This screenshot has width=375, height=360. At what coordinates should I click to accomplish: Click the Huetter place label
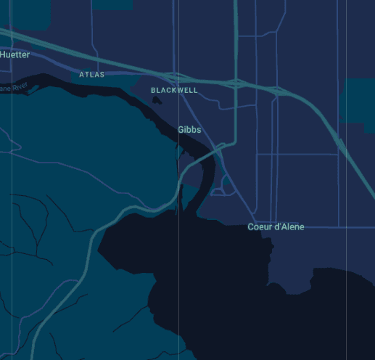(x=15, y=54)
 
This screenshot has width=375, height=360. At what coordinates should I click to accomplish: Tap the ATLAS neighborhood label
(x=92, y=75)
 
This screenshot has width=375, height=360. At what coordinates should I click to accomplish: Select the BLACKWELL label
(x=174, y=90)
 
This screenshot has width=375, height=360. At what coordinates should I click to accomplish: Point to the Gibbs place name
(x=189, y=130)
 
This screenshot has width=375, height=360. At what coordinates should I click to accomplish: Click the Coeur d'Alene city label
(x=276, y=227)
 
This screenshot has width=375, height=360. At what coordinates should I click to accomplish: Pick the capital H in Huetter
(x=4, y=54)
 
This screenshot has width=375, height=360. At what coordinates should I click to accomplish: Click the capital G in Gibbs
(x=181, y=130)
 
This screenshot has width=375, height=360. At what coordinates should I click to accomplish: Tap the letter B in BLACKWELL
(x=154, y=90)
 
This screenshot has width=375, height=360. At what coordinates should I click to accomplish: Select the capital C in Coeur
(x=251, y=227)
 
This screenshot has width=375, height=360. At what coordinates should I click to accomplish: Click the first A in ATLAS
(x=82, y=75)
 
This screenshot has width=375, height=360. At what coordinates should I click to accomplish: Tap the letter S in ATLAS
(x=102, y=75)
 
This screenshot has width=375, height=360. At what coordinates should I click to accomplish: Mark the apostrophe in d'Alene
(x=280, y=226)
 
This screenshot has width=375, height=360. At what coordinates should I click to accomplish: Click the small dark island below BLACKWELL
(x=157, y=100)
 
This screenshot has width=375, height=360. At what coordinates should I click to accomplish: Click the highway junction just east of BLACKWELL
(x=236, y=82)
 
